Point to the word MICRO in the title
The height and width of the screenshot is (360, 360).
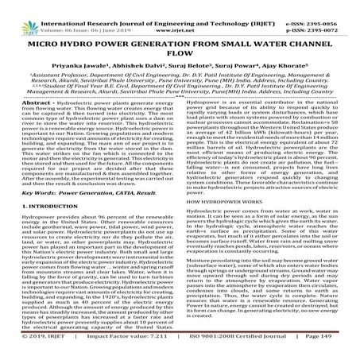coord(48,33)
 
